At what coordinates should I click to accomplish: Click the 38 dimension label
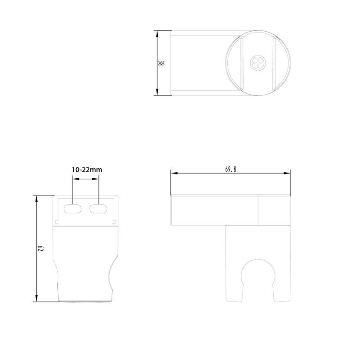(x=161, y=63)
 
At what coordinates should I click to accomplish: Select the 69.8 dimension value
(x=230, y=170)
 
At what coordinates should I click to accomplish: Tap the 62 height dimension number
(x=41, y=248)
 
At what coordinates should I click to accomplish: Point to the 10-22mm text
(x=87, y=170)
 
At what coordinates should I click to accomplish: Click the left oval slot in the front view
(x=72, y=209)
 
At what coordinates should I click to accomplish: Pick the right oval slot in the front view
(x=98, y=209)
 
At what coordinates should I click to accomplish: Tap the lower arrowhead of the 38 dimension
(x=157, y=92)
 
